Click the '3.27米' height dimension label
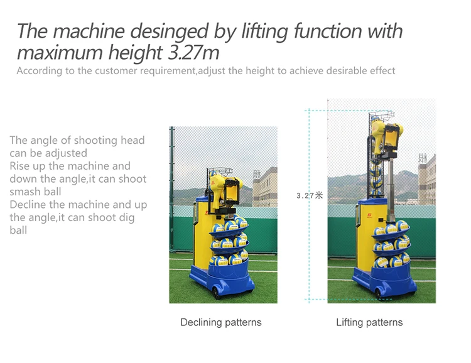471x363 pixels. [x=309, y=196]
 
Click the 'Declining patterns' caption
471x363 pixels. [x=220, y=322]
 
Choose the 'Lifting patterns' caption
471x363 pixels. [x=369, y=322]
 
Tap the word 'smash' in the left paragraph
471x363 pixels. [x=26, y=192]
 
